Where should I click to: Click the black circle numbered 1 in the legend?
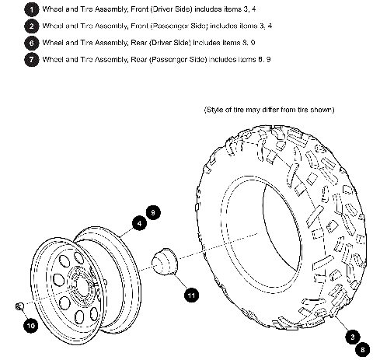tap(30, 9)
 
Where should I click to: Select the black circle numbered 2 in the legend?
tap(30, 25)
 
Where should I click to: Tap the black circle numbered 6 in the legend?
tap(30, 42)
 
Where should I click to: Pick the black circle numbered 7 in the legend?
tap(30, 59)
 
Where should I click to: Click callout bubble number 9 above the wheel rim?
tap(152, 211)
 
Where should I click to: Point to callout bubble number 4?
tap(138, 223)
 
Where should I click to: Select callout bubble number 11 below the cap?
tap(191, 294)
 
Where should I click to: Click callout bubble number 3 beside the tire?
tap(353, 336)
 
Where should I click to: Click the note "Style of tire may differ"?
tap(269, 110)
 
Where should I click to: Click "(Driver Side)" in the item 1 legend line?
tap(168, 9)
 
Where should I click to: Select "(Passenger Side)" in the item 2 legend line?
tap(175, 25)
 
